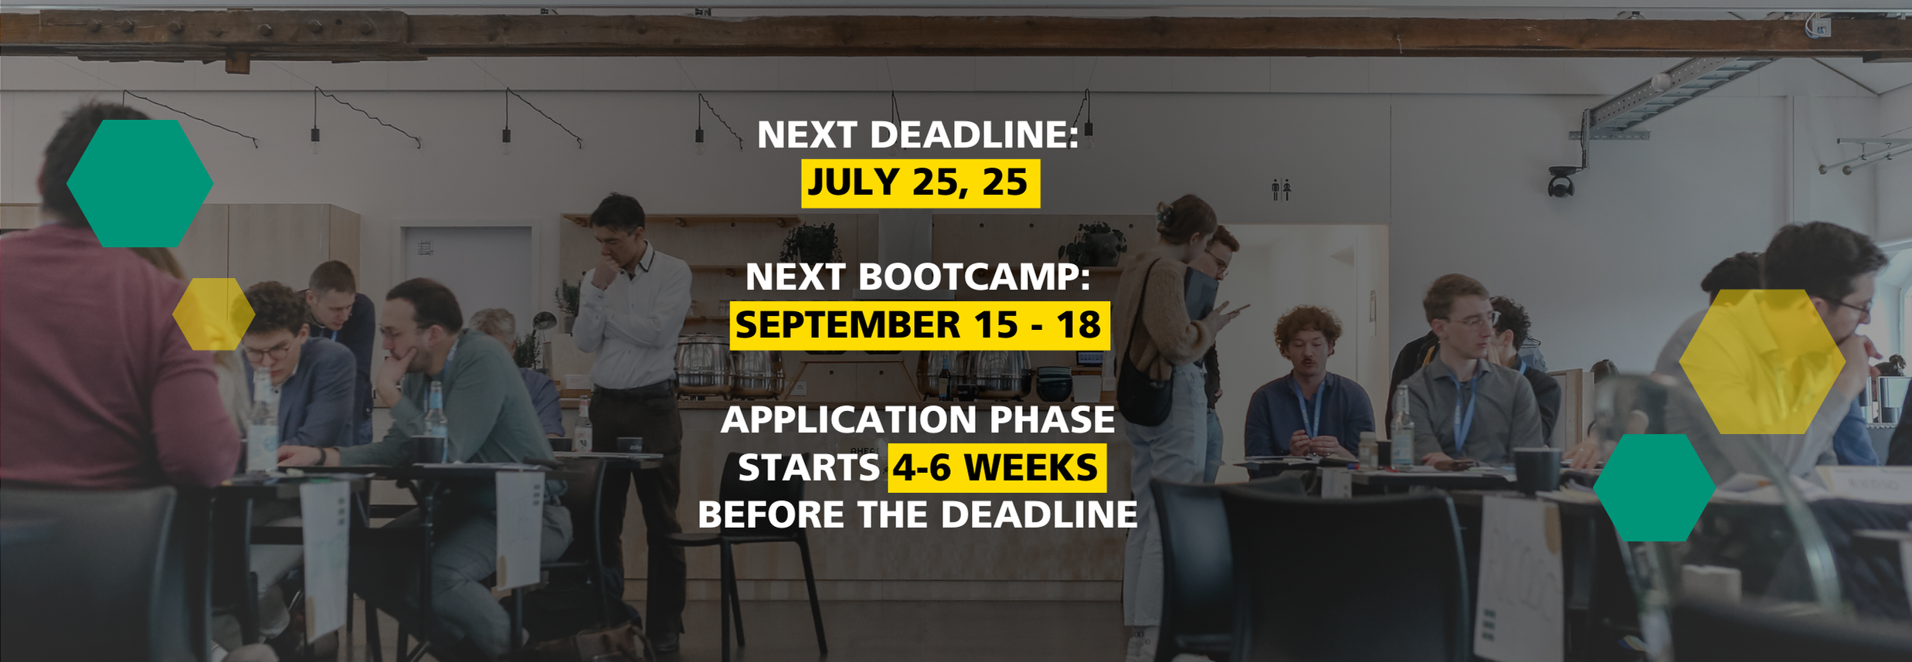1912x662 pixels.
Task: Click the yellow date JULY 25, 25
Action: [x=920, y=183]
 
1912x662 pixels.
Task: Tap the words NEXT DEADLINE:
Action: [x=918, y=134]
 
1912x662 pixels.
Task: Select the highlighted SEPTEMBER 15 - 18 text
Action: [x=919, y=325]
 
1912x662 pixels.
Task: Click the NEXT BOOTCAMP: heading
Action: [x=918, y=277]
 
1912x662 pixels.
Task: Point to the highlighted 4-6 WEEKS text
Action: [x=997, y=468]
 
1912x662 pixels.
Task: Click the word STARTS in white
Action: [x=809, y=468]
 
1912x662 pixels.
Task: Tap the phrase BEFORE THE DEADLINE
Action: [x=918, y=514]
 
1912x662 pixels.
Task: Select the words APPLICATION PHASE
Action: [x=918, y=419]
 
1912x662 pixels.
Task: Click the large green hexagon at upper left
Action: [x=140, y=183]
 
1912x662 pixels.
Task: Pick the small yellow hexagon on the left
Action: [x=213, y=314]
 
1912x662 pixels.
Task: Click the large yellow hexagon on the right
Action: [x=1762, y=362]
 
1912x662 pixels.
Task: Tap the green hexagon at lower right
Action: [x=1654, y=487]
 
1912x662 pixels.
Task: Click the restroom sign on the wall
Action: [x=1281, y=189]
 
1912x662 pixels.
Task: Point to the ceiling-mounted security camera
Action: [x=1561, y=182]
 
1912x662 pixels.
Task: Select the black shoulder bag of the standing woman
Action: [x=1144, y=390]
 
